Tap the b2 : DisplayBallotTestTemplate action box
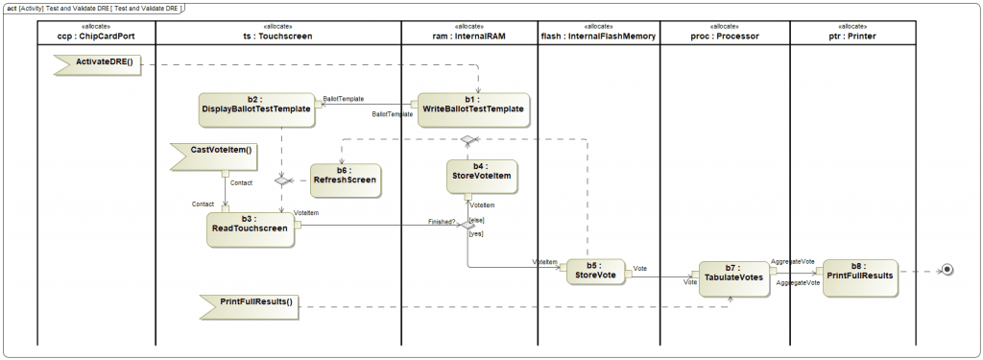(x=255, y=109)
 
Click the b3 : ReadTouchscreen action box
(x=250, y=228)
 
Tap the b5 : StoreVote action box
(x=595, y=274)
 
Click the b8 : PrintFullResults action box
(x=859, y=277)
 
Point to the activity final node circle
(x=947, y=270)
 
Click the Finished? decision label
(x=442, y=222)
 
